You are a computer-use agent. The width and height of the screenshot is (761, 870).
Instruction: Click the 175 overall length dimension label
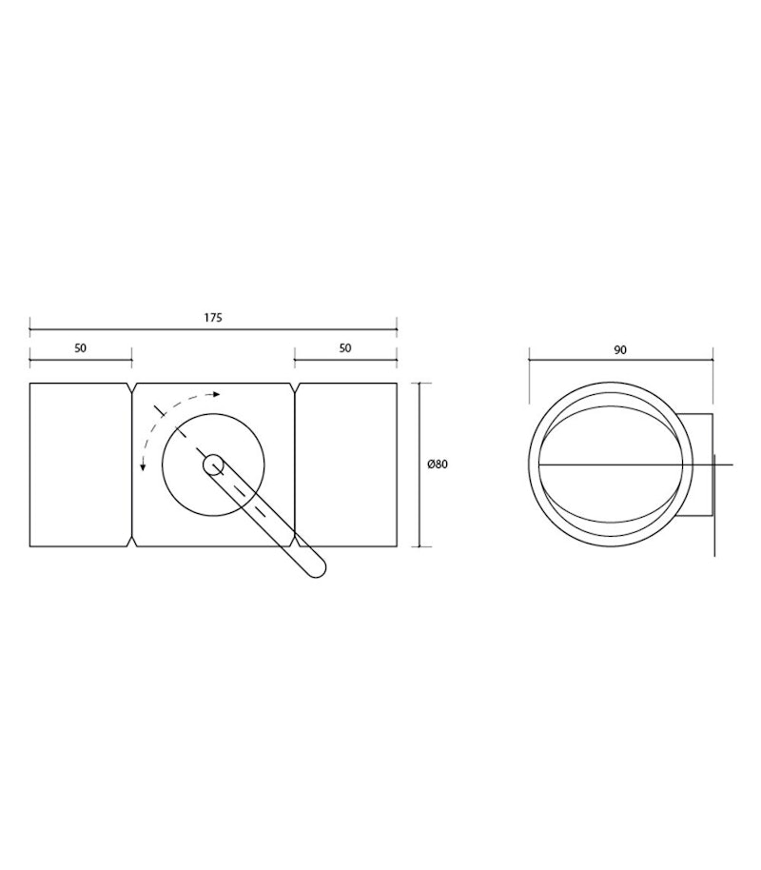[x=213, y=317]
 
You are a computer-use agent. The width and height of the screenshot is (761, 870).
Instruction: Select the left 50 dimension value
[x=81, y=347]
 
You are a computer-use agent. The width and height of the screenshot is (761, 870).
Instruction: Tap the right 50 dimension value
[x=345, y=347]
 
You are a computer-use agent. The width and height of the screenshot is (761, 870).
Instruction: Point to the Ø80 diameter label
[x=438, y=465]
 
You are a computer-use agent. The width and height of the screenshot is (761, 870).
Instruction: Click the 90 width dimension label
[x=620, y=350]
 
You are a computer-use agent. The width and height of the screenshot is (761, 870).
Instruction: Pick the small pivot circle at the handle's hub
[x=213, y=465]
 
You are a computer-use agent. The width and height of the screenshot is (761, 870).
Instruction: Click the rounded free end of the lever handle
[x=315, y=568]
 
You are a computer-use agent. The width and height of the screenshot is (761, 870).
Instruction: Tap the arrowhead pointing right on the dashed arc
[x=217, y=394]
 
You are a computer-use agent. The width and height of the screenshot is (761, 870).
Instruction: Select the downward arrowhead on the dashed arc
[x=143, y=467]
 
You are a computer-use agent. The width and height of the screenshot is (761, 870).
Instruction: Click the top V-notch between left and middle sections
[x=132, y=388]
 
